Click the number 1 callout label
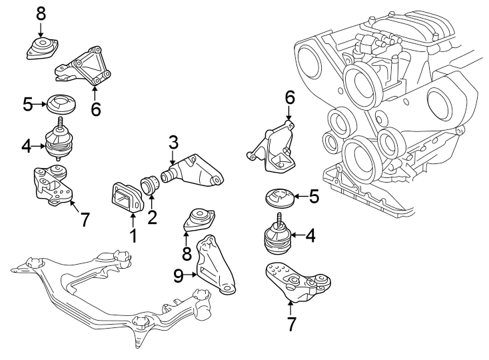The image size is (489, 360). point(133,235)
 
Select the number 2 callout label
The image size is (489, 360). point(153,217)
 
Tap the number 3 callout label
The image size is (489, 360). point(173,142)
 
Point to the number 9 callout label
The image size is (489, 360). point(178,275)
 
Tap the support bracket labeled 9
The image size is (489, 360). point(215,267)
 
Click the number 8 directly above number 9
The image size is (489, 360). point(187,254)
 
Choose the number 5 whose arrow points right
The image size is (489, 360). point(27,104)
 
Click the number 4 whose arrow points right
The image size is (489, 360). point(26,144)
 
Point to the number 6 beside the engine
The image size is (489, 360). point(290,98)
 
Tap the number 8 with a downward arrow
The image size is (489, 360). point(41,13)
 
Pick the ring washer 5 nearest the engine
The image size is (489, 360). point(276,198)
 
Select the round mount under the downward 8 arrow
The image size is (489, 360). point(42,49)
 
